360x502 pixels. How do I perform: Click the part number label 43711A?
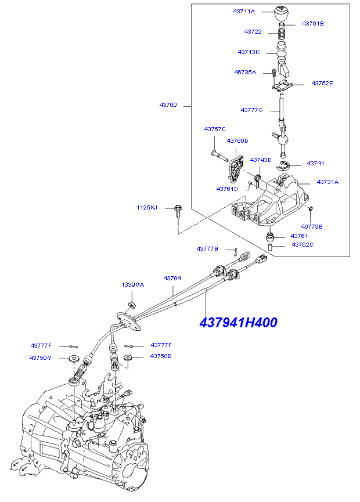point(244,12)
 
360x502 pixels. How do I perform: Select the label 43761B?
point(313,24)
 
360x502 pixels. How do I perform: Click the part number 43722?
point(253,31)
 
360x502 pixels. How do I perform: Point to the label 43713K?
point(248,52)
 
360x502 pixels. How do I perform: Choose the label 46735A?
point(245,73)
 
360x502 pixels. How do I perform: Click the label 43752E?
point(322,84)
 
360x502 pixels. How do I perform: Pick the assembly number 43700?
point(168,106)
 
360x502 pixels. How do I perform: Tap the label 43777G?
point(252,110)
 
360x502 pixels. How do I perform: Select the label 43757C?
point(214,129)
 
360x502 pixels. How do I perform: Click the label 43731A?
point(327,182)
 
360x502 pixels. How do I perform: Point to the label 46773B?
point(312,226)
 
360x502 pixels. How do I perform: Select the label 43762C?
point(302,245)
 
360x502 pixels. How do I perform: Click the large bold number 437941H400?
point(238,323)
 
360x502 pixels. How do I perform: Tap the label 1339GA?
point(132,285)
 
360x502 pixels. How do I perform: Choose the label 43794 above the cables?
point(172,279)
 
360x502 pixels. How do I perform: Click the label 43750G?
point(41,357)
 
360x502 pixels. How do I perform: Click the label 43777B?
point(207,248)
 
